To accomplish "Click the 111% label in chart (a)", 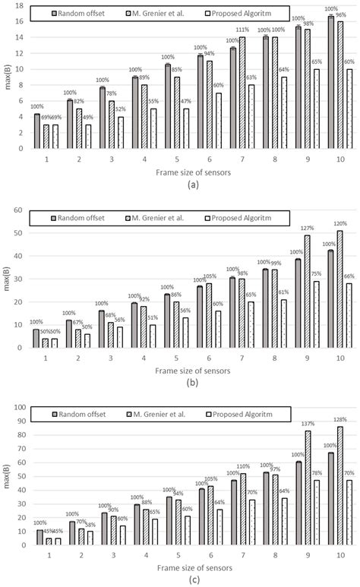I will point(242,30).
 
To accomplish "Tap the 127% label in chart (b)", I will point(306,227).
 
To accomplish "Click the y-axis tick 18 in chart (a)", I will point(20,5).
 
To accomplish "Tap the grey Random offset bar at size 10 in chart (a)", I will point(331,82).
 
